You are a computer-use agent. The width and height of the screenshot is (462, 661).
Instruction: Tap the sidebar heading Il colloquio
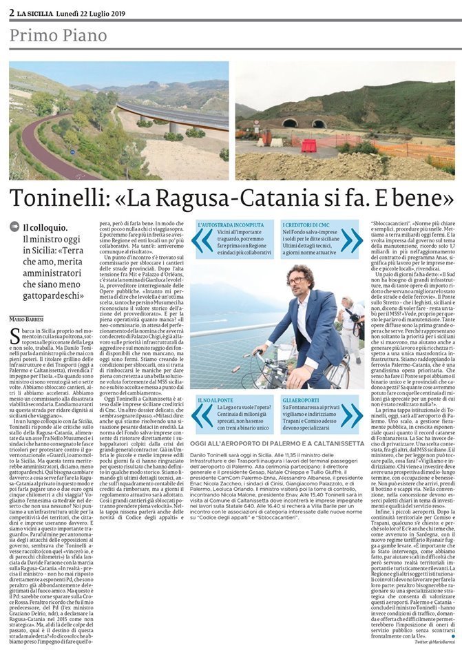(45, 228)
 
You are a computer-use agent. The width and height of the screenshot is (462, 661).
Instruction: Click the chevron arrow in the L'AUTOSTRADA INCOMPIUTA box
(202, 241)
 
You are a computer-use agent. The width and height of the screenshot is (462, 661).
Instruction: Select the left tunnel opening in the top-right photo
(290, 123)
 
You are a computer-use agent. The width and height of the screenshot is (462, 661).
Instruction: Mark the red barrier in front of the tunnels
(308, 145)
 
